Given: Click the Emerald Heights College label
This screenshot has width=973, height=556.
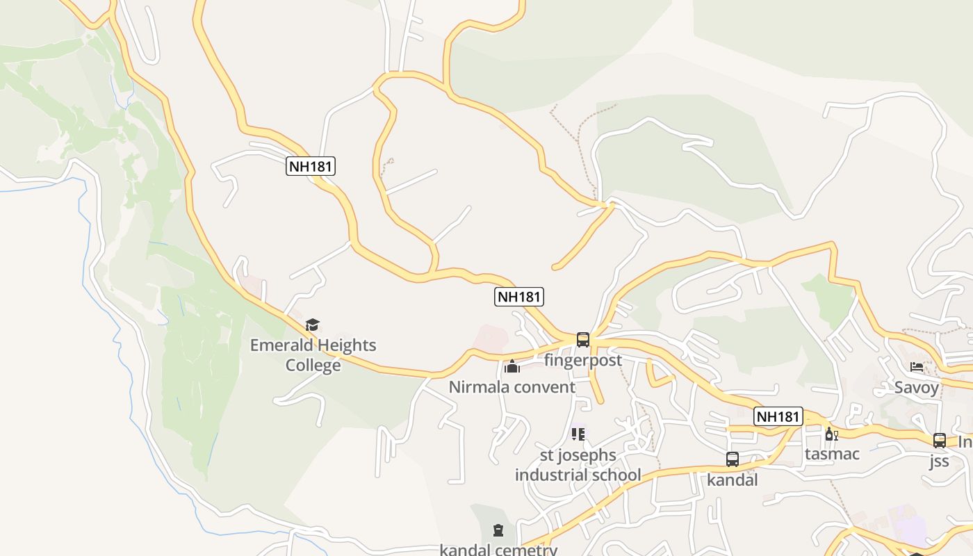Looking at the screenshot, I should click(x=313, y=354).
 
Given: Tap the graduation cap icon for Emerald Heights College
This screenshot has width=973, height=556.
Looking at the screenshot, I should click(x=313, y=325).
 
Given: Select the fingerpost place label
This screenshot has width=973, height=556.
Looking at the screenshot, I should click(x=582, y=360).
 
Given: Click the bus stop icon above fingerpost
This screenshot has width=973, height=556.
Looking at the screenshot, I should click(x=582, y=340).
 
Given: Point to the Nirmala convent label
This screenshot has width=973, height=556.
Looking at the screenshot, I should click(x=512, y=387).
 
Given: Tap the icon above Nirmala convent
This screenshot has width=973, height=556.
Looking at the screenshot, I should click(x=512, y=366).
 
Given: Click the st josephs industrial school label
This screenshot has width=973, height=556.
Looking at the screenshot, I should click(x=578, y=465).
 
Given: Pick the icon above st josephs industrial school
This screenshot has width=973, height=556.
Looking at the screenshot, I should click(x=578, y=434).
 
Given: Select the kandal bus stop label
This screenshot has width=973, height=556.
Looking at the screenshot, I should click(x=732, y=480).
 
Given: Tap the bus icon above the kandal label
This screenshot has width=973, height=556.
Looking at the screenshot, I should click(x=732, y=459).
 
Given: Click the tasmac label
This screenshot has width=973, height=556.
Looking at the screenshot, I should click(x=832, y=454).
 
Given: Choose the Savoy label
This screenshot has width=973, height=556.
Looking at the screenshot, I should click(x=916, y=387).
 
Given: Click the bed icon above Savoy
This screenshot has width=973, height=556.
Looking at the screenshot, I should click(x=916, y=366).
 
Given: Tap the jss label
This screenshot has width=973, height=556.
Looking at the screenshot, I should click(x=939, y=461).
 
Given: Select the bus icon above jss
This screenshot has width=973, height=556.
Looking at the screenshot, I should click(x=939, y=440).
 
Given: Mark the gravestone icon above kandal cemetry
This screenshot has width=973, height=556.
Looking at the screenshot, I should click(x=498, y=531).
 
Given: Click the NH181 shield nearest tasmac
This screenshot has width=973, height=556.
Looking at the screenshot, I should click(x=778, y=416).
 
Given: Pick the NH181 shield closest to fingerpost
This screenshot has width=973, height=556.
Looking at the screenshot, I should click(x=518, y=297).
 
